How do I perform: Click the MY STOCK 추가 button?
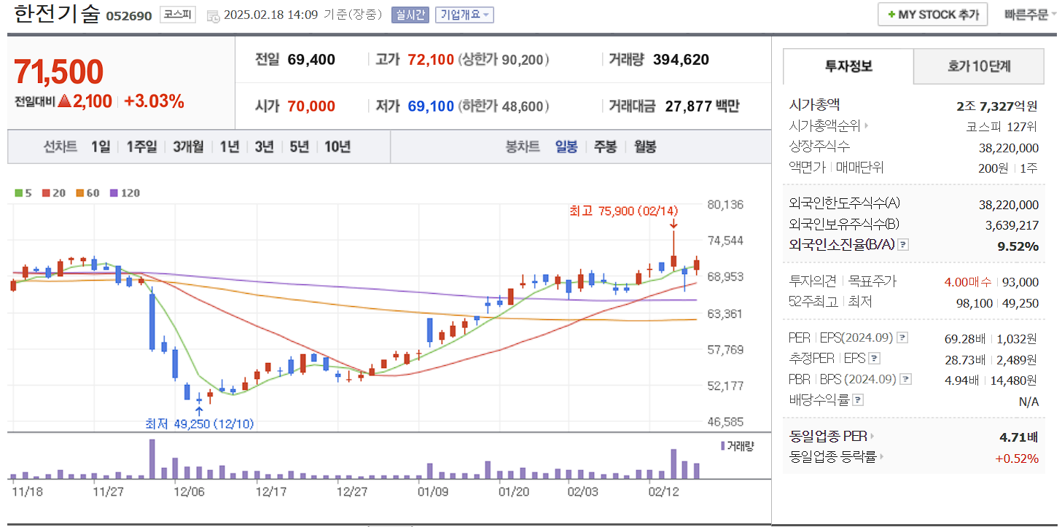click(x=932, y=15)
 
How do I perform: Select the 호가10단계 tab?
click(x=978, y=66)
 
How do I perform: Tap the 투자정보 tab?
click(x=848, y=66)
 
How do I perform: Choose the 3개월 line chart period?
click(x=188, y=147)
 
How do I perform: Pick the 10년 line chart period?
click(x=337, y=147)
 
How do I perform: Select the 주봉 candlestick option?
click(x=605, y=147)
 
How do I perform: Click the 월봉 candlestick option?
click(x=644, y=147)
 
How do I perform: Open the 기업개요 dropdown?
click(x=464, y=15)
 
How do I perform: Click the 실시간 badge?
click(x=410, y=15)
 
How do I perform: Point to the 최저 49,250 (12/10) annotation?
click(x=199, y=423)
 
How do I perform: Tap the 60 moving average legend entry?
click(x=88, y=193)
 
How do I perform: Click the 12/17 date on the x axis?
click(x=270, y=491)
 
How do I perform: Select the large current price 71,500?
click(x=58, y=72)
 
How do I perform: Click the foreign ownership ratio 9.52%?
click(x=1018, y=246)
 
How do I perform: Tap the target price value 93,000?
click(x=1020, y=282)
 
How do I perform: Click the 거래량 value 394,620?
click(x=681, y=60)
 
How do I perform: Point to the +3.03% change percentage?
click(x=154, y=101)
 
